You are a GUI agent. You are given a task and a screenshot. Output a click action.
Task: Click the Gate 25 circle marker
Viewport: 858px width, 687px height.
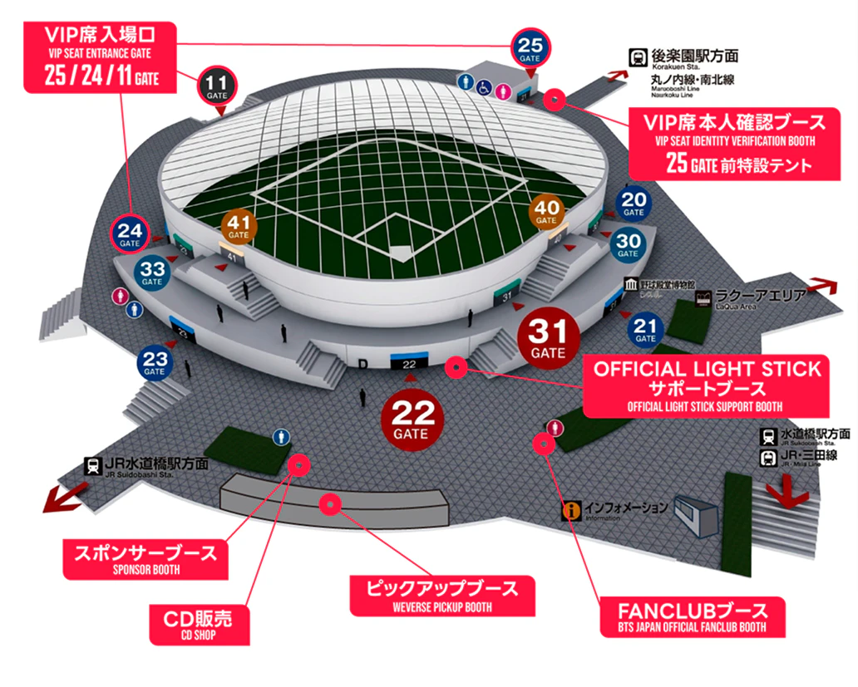point(530,47)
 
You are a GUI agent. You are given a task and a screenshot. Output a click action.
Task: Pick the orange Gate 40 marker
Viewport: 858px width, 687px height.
point(546,213)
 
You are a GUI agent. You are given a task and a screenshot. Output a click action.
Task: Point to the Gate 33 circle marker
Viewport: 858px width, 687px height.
point(153,273)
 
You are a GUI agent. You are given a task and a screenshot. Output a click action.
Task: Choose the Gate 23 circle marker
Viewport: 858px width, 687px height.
point(155,362)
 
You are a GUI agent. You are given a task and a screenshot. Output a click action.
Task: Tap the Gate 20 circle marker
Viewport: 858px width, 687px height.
point(634,204)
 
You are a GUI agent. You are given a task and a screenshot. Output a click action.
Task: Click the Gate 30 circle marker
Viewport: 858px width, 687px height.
point(628,245)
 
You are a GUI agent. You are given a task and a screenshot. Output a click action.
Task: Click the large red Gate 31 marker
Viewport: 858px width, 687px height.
point(548,339)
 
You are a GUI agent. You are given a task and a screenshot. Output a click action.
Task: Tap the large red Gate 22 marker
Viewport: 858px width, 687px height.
point(411,418)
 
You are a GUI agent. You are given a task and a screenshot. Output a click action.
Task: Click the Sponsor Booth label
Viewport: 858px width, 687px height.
point(146,557)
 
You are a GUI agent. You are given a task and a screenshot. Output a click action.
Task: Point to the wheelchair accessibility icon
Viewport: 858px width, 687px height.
point(483,85)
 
